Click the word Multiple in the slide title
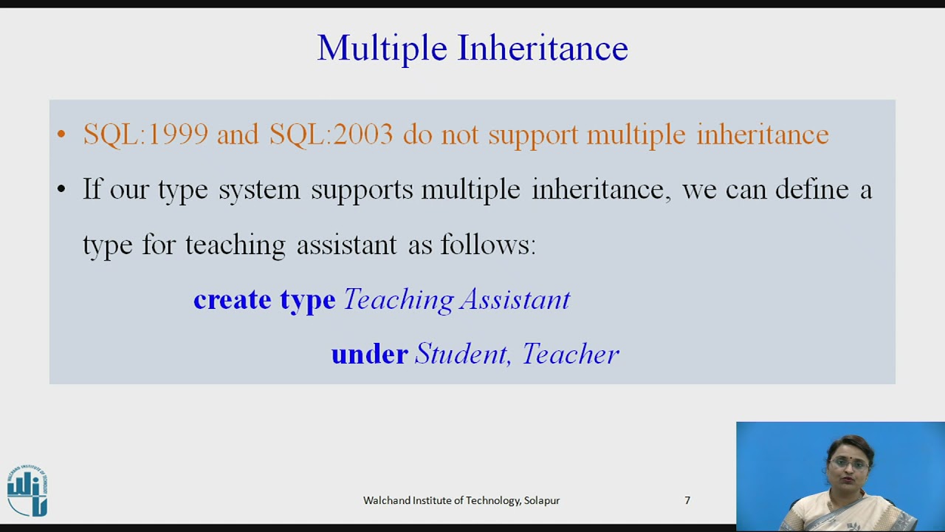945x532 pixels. [x=382, y=49]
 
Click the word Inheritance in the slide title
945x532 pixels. [x=543, y=49]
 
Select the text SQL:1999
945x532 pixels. [x=145, y=134]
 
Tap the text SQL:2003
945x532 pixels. [x=331, y=134]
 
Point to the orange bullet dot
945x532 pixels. [x=61, y=135]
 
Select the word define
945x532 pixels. [x=811, y=190]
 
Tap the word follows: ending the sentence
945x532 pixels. [x=488, y=245]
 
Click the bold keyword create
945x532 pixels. [x=232, y=300]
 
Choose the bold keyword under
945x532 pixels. [x=369, y=355]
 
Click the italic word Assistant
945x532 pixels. [x=515, y=300]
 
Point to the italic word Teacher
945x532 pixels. [x=570, y=355]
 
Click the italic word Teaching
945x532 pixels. [x=399, y=300]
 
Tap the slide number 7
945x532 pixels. [x=687, y=500]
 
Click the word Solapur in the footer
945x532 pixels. [x=542, y=500]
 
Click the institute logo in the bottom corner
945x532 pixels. [x=27, y=491]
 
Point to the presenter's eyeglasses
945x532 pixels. [x=849, y=464]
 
